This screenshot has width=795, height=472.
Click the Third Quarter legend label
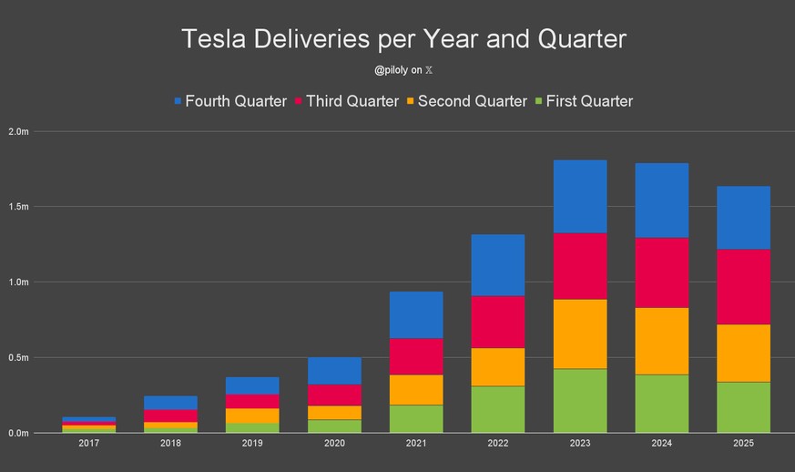pos(352,101)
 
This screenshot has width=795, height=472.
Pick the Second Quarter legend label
pos(472,101)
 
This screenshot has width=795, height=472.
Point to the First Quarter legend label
pos(589,101)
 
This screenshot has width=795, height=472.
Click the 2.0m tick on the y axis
pos(18,131)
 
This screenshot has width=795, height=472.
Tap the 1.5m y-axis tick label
pos(18,207)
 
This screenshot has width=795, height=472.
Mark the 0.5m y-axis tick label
pos(18,357)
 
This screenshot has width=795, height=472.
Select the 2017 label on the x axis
pos(89,443)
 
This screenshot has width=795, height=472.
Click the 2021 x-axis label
pos(416,443)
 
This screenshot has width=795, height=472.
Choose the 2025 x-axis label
pos(743,443)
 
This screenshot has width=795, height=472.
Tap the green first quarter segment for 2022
pos(498,409)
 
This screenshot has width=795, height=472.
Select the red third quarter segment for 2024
pos(661,272)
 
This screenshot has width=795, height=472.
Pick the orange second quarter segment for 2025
pos(743,353)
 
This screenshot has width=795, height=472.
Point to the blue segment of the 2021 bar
pos(416,314)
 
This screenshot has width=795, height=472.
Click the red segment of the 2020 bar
pos(334,395)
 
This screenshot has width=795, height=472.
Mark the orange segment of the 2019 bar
pos(252,416)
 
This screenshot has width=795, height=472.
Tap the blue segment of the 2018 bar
pos(171,403)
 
